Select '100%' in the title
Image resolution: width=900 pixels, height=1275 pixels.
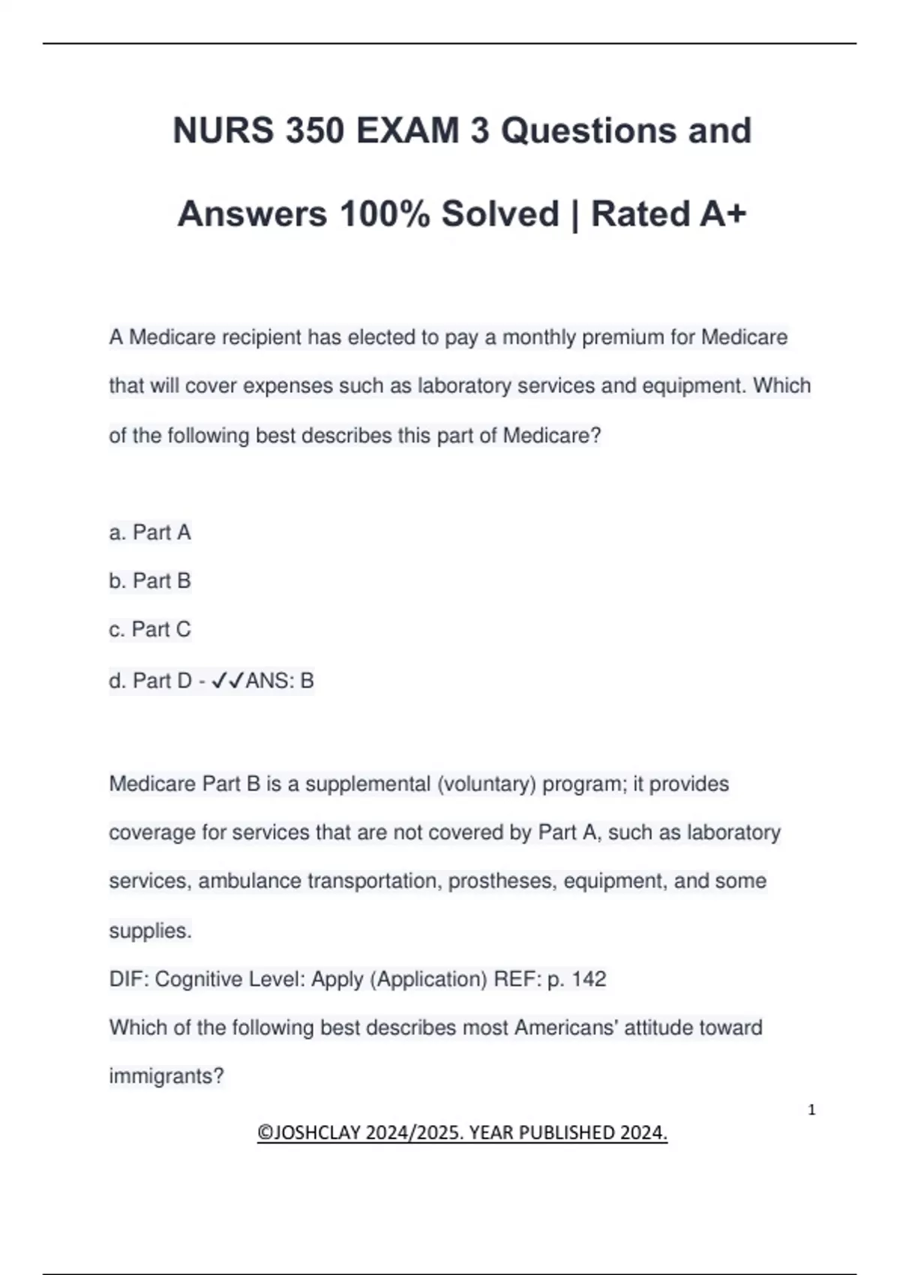385,214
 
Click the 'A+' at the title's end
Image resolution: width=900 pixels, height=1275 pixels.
723,214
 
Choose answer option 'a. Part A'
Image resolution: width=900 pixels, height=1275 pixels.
150,532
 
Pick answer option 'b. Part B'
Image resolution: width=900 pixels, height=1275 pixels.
150,581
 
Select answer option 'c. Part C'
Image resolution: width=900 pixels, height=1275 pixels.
150,630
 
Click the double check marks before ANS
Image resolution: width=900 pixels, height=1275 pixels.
228,681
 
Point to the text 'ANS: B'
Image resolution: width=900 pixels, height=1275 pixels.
280,681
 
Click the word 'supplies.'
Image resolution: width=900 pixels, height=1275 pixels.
150,931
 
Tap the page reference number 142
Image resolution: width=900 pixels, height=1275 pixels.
589,979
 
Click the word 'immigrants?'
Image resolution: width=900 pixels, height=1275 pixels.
166,1077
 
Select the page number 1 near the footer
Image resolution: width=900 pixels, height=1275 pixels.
811,1110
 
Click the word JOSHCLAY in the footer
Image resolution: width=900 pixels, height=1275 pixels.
319,1132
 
